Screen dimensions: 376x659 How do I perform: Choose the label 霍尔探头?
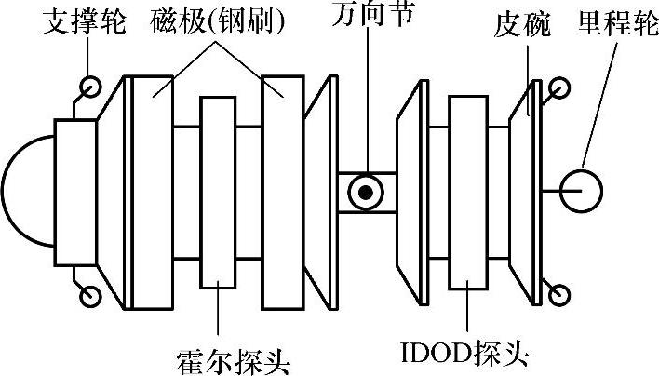[x=220, y=356]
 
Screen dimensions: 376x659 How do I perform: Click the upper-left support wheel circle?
[x=90, y=87]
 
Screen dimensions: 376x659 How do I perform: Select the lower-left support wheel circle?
[x=90, y=296]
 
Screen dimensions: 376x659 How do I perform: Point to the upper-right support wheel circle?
[x=559, y=88]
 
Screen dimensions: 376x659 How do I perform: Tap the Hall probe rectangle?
[x=221, y=192]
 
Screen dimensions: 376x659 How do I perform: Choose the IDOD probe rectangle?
[x=469, y=192]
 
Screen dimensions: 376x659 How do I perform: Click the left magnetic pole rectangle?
[x=153, y=192]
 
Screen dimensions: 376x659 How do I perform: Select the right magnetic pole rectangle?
[x=284, y=192]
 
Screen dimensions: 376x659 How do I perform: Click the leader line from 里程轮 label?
[x=600, y=102]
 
